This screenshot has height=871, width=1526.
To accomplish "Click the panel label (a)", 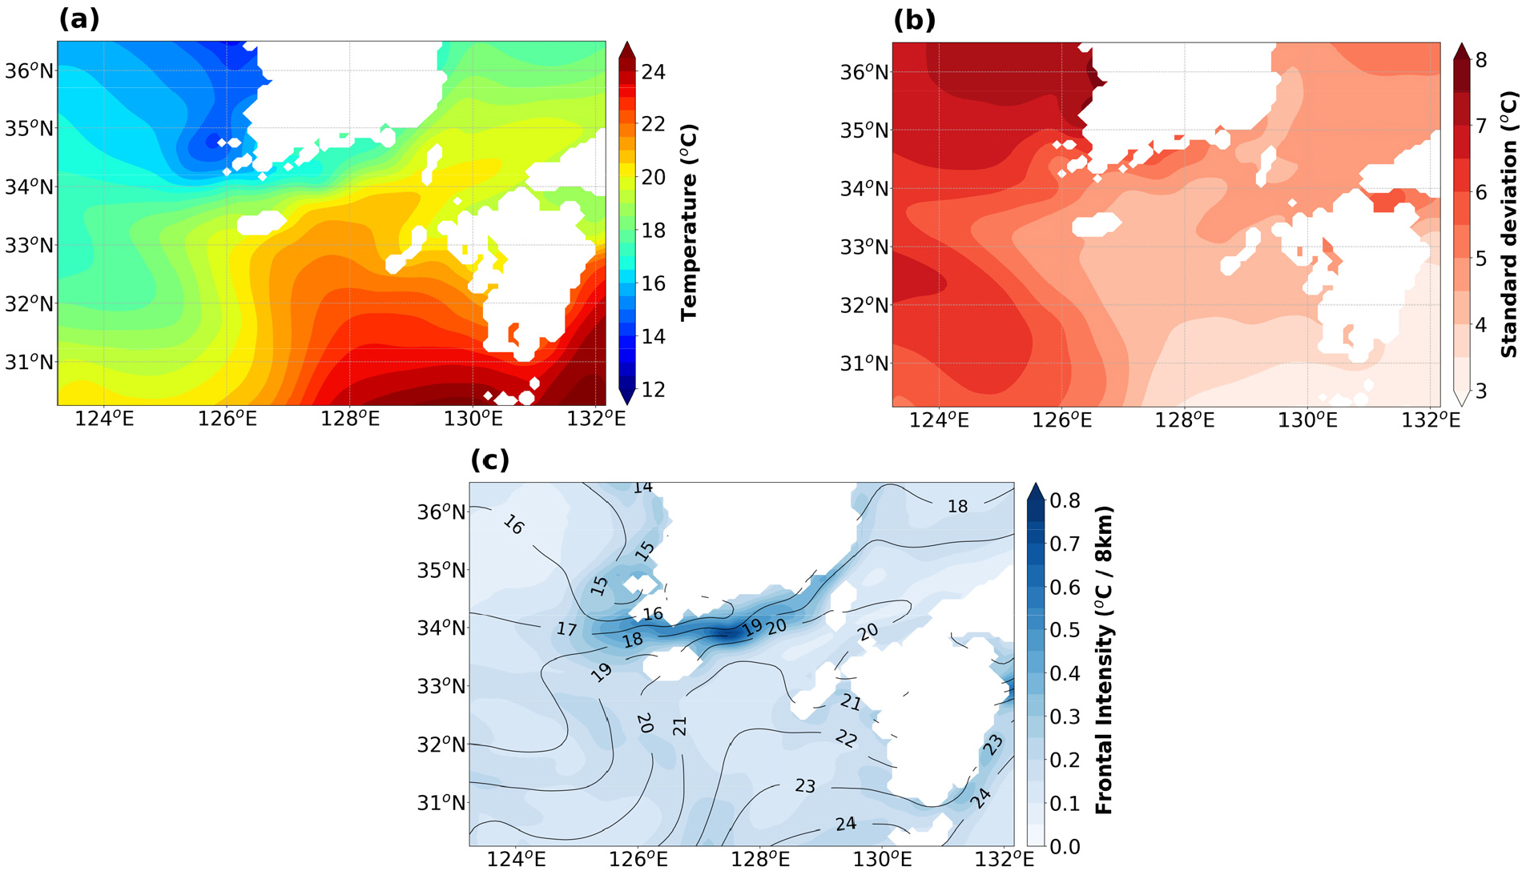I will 79,18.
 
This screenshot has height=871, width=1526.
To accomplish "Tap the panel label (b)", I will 914,20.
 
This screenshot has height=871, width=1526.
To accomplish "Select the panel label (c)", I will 489,460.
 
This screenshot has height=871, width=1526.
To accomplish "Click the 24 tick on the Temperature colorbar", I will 653,72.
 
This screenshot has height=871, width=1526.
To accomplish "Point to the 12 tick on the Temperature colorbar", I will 653,390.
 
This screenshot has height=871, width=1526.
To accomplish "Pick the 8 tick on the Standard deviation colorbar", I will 1480,60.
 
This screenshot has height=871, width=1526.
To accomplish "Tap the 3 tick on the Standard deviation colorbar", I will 1480,391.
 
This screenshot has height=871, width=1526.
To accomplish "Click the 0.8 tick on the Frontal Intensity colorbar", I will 1065,501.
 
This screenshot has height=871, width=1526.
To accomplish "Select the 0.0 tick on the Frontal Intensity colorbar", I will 1065,846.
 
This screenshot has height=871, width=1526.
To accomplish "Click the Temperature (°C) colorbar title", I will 689,223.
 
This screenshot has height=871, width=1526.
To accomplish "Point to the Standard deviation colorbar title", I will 1509,224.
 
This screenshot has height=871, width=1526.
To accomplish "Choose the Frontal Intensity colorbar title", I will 1105,660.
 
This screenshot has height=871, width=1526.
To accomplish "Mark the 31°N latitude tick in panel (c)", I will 441,803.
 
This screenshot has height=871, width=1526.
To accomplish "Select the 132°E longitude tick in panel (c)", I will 1005,860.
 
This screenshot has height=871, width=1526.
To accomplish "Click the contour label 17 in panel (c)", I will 566,629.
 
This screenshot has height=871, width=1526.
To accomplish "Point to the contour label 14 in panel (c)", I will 642,487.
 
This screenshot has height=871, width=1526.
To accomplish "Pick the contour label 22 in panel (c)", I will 846,738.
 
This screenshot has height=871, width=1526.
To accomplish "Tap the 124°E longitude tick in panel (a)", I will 104,419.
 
